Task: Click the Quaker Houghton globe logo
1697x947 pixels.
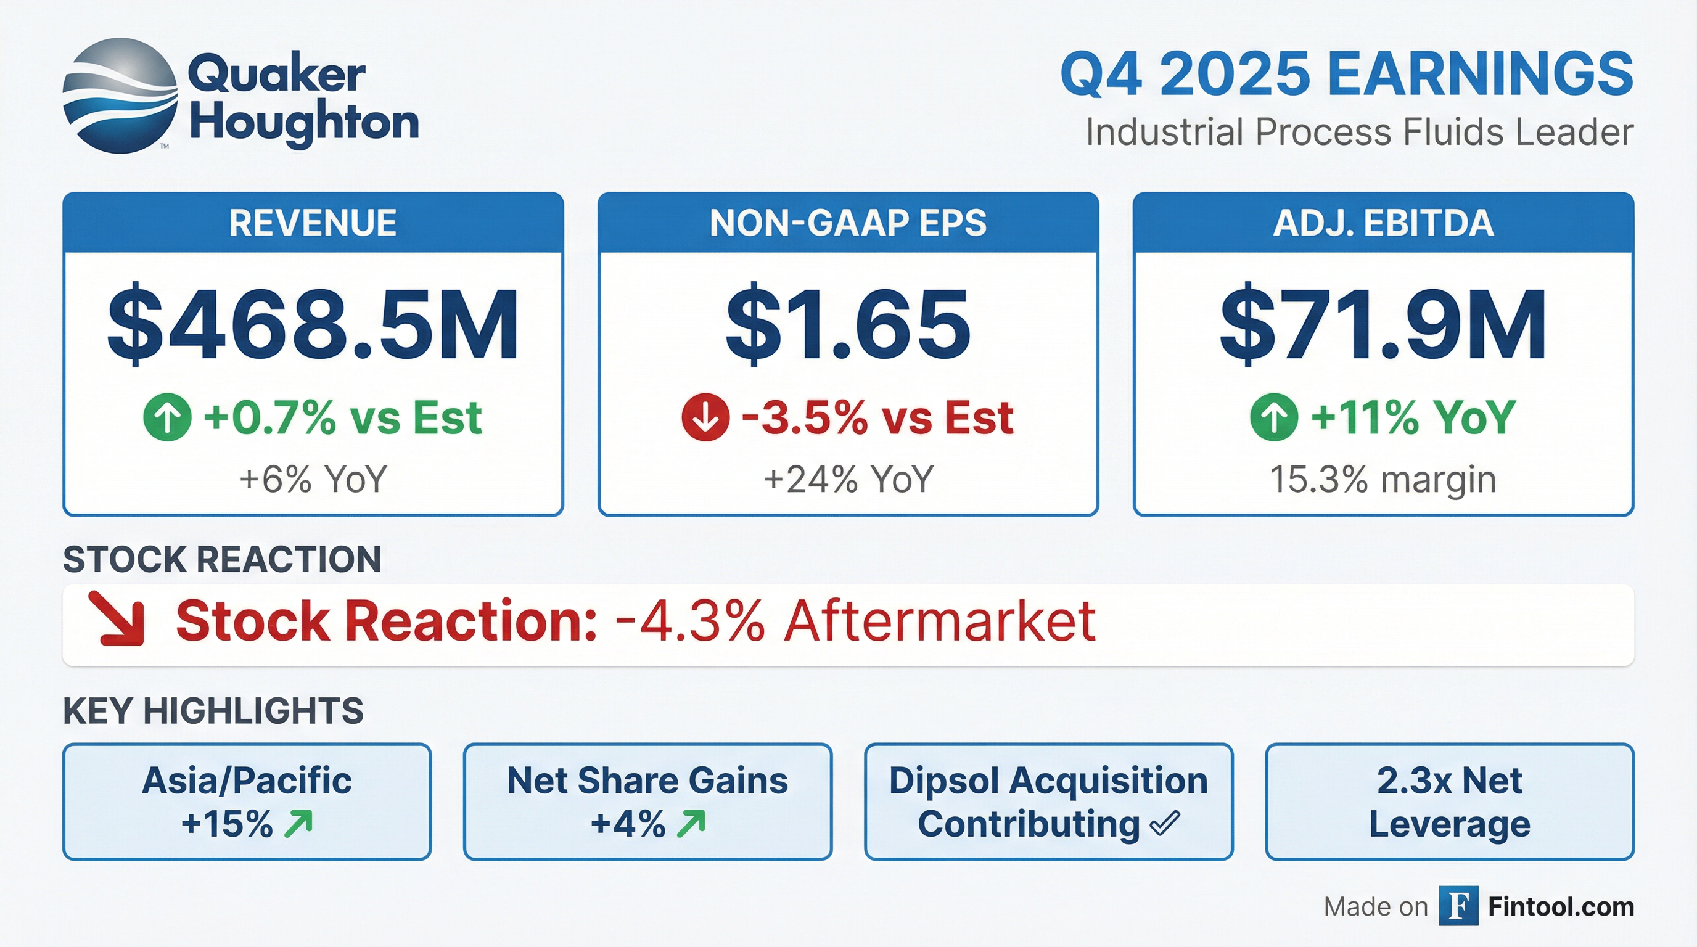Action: [120, 96]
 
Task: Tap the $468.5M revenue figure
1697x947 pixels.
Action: [313, 325]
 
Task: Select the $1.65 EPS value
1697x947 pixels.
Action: [848, 325]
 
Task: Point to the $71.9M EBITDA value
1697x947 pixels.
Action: [1383, 325]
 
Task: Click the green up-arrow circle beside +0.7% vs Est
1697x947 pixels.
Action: [167, 417]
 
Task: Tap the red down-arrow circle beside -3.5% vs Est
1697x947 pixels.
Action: [705, 417]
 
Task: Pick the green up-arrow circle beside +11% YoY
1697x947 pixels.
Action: [1274, 417]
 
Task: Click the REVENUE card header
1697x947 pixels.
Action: [313, 223]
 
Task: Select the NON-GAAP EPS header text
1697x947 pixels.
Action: [848, 223]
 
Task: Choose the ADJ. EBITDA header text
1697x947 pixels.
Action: [1383, 223]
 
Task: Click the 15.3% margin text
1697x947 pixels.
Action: [1383, 480]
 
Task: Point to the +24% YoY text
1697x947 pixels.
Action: [848, 480]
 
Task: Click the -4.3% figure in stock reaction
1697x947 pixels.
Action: [689, 621]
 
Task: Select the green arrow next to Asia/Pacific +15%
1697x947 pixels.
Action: [298, 824]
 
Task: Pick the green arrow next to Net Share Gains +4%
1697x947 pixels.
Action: [691, 824]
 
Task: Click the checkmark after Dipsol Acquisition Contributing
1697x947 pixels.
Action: [1165, 823]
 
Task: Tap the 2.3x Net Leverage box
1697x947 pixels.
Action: [1449, 801]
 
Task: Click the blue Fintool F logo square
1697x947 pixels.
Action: [1458, 906]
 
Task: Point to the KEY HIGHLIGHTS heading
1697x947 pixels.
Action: [213, 711]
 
